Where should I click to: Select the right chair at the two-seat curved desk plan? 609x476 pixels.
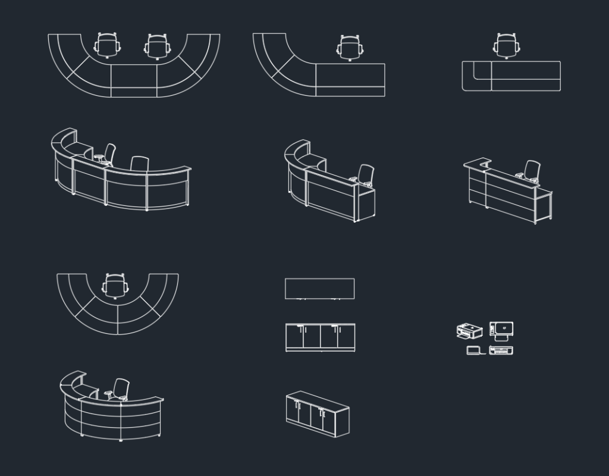(x=157, y=46)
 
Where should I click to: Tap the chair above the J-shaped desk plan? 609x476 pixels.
(x=350, y=47)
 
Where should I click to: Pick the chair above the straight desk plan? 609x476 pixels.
(x=506, y=45)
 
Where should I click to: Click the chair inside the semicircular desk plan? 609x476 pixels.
(x=115, y=285)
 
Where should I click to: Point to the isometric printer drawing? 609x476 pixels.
(x=469, y=331)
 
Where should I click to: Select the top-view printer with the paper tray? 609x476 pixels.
(x=502, y=329)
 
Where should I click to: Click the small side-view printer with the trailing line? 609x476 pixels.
(x=474, y=350)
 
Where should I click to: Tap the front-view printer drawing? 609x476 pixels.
(x=501, y=350)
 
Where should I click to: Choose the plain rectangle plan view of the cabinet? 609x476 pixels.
(x=320, y=289)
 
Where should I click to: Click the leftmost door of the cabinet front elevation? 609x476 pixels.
(x=294, y=337)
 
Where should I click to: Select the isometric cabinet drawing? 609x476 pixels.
(x=317, y=412)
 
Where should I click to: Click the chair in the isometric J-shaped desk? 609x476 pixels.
(x=366, y=175)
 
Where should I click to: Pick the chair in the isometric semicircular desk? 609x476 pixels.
(x=121, y=389)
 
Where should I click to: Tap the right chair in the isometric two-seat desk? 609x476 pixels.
(x=139, y=164)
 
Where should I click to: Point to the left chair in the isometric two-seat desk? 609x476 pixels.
(x=109, y=153)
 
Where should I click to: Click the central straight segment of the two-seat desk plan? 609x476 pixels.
(x=134, y=81)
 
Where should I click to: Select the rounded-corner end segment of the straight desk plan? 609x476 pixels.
(x=476, y=77)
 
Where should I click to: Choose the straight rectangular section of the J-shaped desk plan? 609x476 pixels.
(x=350, y=80)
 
